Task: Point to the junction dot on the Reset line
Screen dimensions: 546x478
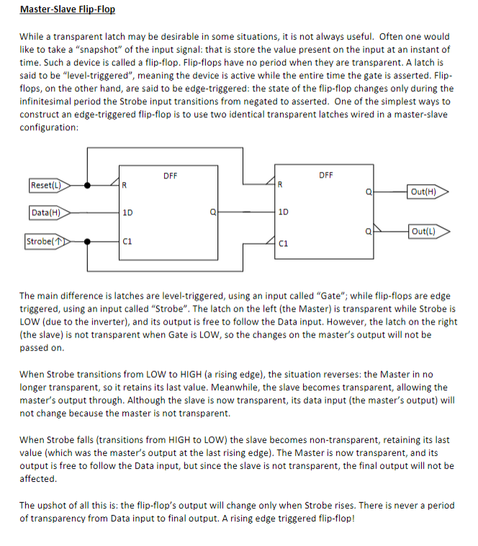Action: [x=86, y=185]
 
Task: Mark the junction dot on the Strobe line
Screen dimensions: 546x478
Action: [x=86, y=241]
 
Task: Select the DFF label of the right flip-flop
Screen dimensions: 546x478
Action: [x=325, y=176]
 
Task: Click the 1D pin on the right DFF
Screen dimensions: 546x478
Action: [x=283, y=213]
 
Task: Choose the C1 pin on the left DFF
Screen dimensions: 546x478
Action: [x=127, y=242]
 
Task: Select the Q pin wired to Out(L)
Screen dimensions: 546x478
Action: [x=368, y=231]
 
